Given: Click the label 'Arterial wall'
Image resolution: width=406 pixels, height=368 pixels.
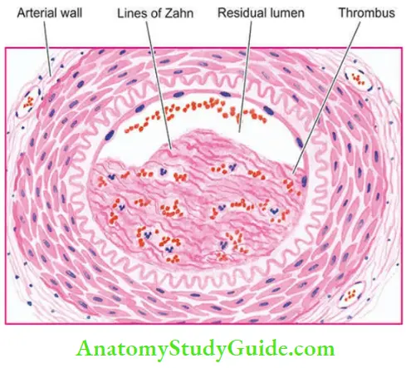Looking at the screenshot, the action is (50, 13).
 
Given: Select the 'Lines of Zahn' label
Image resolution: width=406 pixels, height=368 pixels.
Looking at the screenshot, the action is (155, 13).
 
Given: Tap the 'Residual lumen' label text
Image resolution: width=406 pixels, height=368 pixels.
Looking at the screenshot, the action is (261, 13).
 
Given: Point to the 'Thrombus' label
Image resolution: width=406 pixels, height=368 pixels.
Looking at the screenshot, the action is (367, 13).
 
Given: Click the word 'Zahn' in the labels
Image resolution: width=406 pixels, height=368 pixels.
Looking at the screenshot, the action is (179, 13).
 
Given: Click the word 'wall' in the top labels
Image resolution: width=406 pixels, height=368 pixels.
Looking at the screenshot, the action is (72, 13).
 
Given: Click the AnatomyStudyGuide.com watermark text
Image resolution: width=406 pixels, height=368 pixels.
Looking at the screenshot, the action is (205, 349).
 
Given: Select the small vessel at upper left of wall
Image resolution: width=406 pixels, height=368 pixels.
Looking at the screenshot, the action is (28, 101).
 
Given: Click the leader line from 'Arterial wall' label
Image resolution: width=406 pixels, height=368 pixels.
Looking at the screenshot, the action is (47, 48).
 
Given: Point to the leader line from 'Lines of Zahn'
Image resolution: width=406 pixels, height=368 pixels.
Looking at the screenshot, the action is (159, 86).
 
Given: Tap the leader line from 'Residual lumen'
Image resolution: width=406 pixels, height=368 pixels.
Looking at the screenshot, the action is (246, 76).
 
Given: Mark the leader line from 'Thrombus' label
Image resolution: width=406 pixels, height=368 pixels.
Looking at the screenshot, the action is (326, 97).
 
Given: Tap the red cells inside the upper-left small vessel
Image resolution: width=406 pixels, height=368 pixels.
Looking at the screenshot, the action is (28, 101).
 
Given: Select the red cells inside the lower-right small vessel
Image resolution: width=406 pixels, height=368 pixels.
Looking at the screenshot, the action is (350, 296).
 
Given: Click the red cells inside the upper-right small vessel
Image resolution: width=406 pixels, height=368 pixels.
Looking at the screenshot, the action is (358, 78).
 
